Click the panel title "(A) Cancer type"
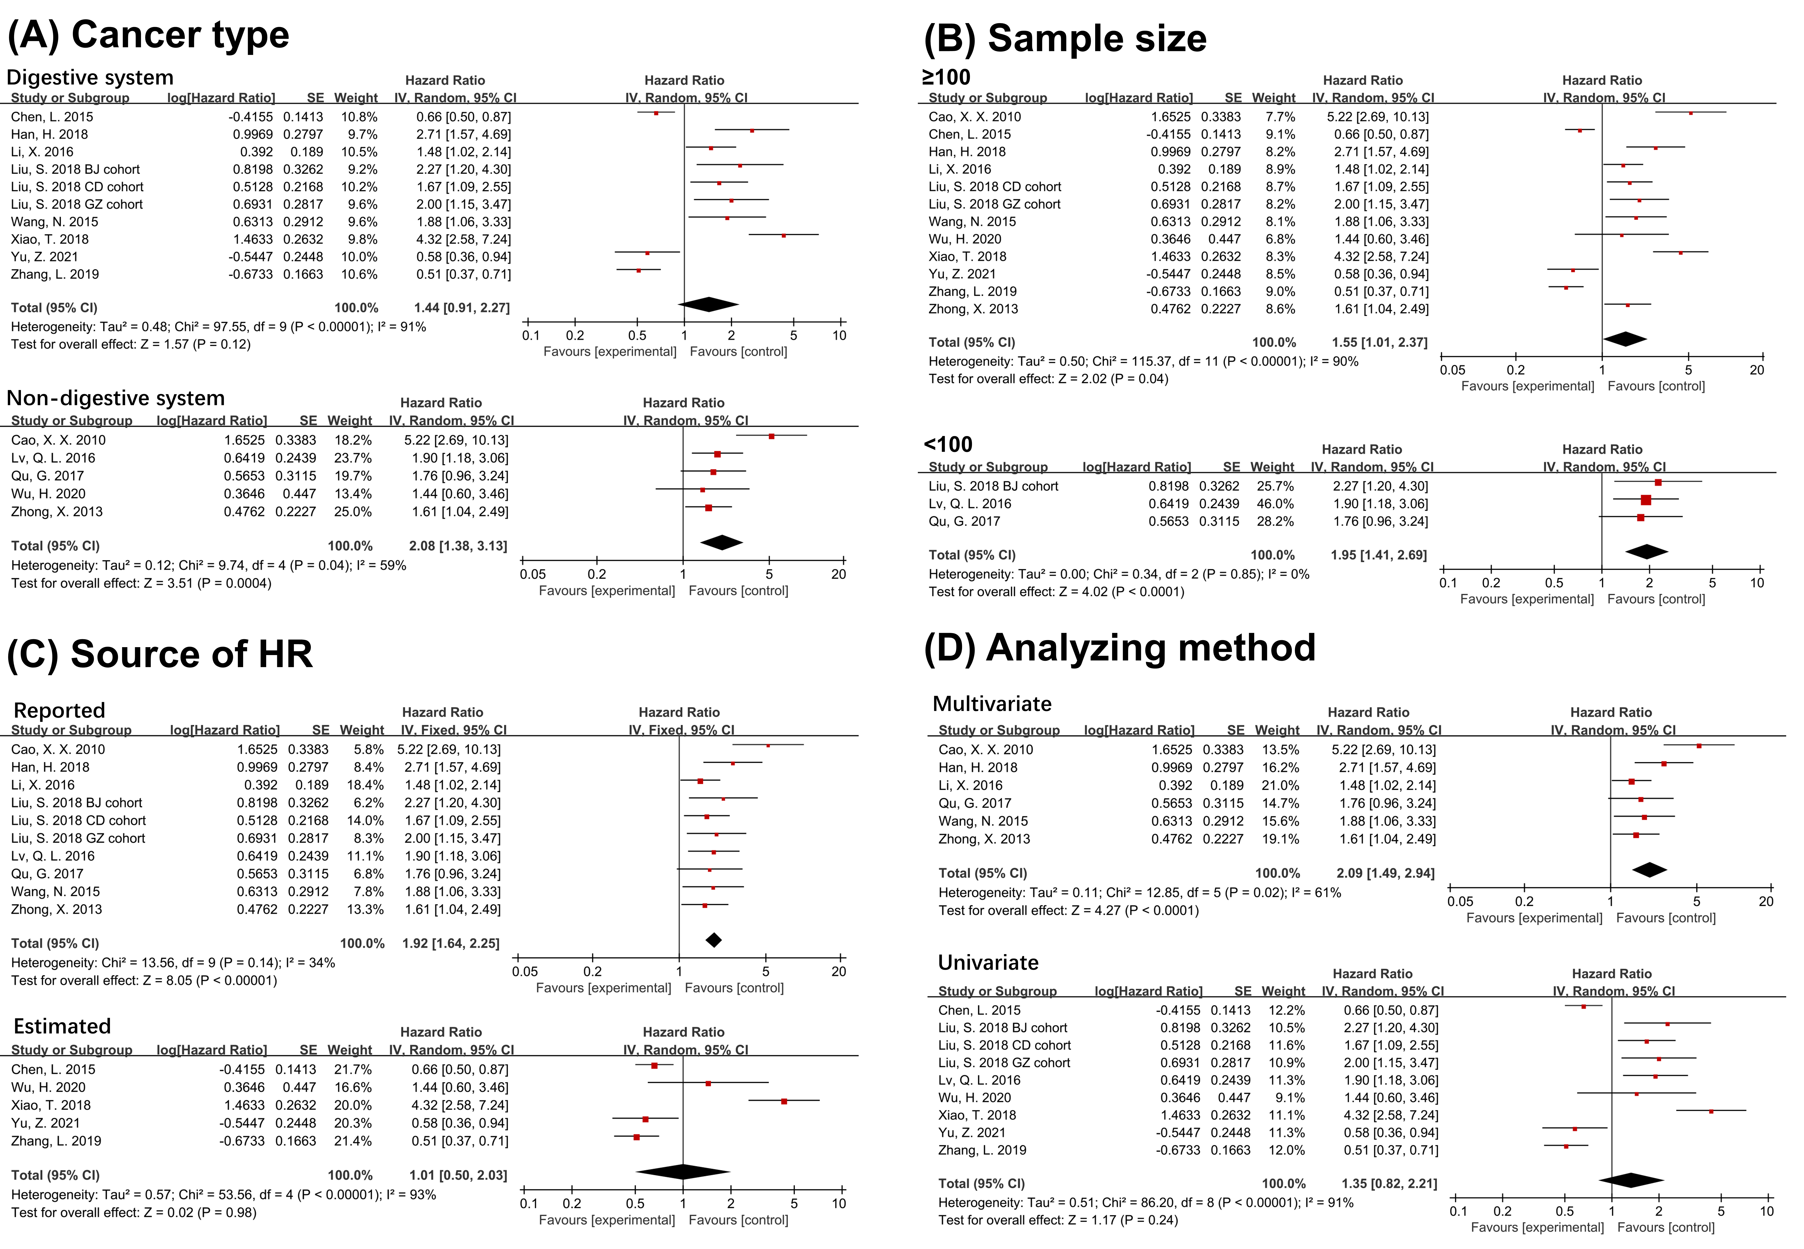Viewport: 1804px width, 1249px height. (149, 35)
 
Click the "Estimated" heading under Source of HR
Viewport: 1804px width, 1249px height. (63, 1026)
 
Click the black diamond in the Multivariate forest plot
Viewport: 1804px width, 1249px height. (1649, 869)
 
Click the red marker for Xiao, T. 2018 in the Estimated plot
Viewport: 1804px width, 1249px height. (784, 1101)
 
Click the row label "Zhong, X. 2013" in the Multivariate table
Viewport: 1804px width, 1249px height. (984, 839)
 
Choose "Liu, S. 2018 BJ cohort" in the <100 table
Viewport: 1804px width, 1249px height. (993, 486)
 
